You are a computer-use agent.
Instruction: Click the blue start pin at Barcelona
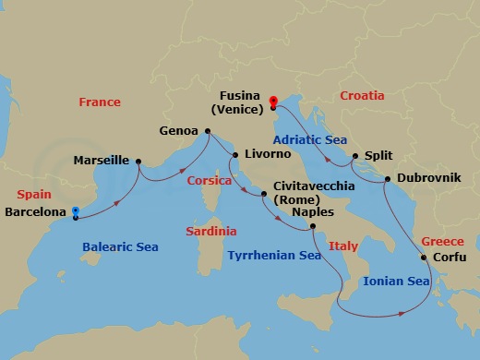(74, 212)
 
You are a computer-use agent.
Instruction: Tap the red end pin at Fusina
(273, 102)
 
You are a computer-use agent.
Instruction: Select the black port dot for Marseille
(138, 162)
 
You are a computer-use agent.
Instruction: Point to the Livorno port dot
(234, 155)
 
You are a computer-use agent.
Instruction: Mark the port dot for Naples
(313, 226)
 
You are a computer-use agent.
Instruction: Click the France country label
(100, 102)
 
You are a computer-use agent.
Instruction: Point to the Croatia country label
(362, 96)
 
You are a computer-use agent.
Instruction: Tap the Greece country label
(442, 241)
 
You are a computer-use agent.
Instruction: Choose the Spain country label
(35, 196)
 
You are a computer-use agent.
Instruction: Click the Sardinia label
(210, 231)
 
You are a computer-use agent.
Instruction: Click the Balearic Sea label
(120, 247)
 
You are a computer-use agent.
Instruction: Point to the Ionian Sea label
(396, 281)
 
